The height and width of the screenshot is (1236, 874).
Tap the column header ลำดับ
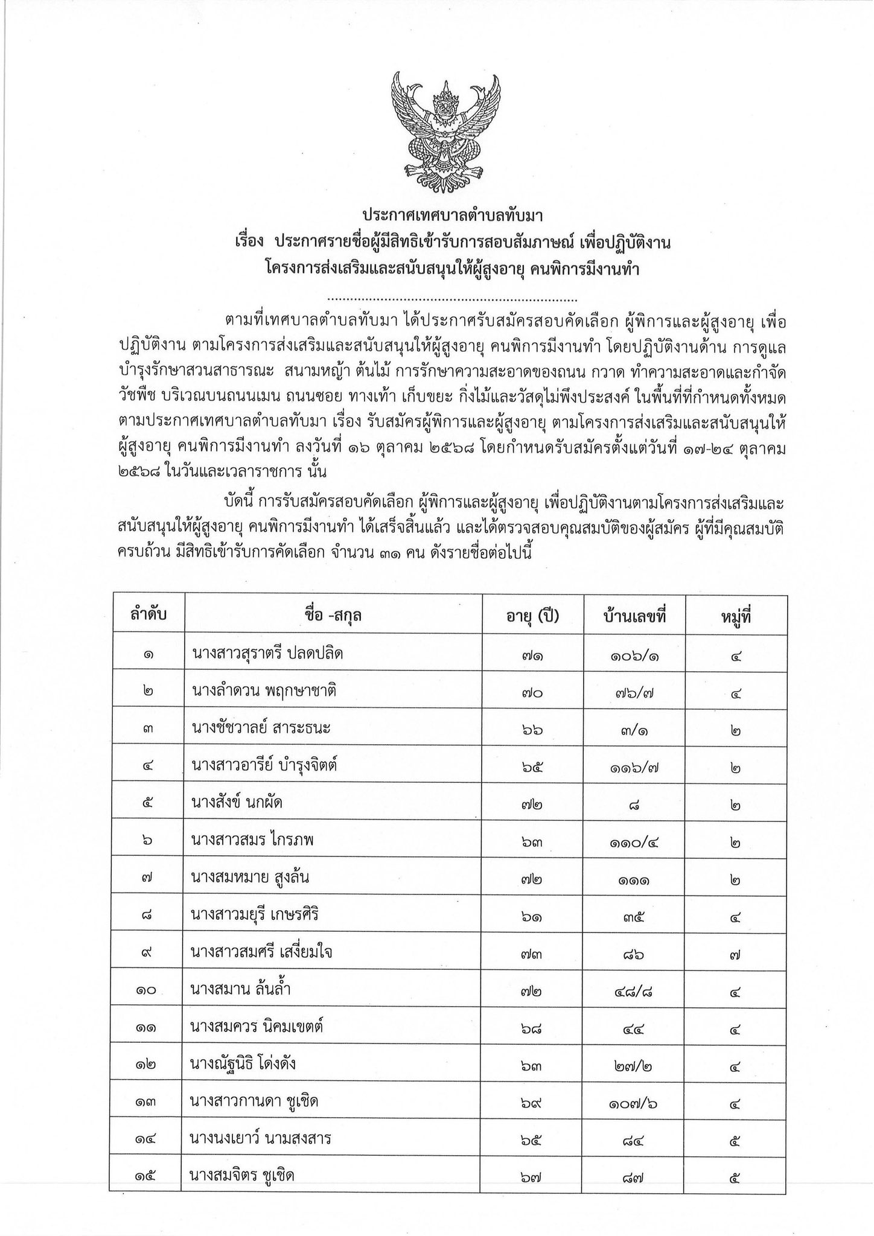[x=147, y=616]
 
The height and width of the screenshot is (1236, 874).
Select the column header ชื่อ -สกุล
[x=333, y=616]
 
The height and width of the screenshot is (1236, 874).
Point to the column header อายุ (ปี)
[x=532, y=616]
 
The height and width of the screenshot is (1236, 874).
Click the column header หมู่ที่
[x=736, y=616]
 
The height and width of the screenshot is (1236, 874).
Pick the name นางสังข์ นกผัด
[x=237, y=804]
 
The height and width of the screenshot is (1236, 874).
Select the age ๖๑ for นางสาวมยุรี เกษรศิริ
[x=532, y=917]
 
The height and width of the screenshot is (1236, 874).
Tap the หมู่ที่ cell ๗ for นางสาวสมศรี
[x=735, y=954]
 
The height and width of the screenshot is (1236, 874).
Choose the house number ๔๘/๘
[x=634, y=992]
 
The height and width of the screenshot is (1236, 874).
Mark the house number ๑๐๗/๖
[x=634, y=1104]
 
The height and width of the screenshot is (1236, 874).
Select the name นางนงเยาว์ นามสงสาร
[x=261, y=1139]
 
